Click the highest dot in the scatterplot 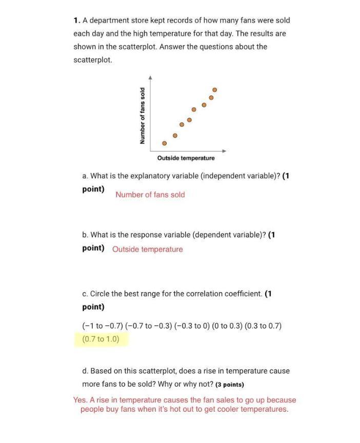pyautogui.click(x=214, y=90)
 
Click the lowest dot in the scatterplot pyautogui.click(x=165, y=143)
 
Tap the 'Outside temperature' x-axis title pyautogui.click(x=186, y=158)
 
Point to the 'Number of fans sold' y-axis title pyautogui.click(x=143, y=116)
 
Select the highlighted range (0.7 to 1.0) pyautogui.click(x=101, y=339)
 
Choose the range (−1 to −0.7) pyautogui.click(x=103, y=325)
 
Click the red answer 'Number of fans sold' pyautogui.click(x=150, y=195)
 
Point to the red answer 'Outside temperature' pyautogui.click(x=147, y=249)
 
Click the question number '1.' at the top pyautogui.click(x=77, y=21)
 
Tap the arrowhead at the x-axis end pyautogui.click(x=225, y=151)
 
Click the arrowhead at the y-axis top pyautogui.click(x=150, y=78)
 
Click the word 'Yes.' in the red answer pyautogui.click(x=80, y=400)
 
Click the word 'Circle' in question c pyautogui.click(x=101, y=294)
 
